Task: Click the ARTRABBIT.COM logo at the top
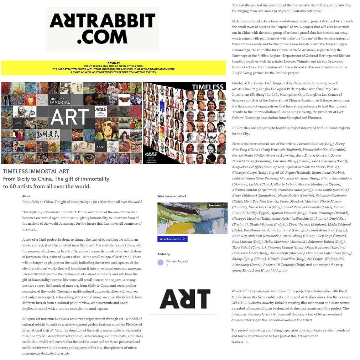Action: tap(102, 29)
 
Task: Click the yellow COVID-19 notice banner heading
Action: tap(113, 63)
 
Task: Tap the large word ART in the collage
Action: tap(70, 117)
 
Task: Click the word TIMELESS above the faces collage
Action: tap(208, 87)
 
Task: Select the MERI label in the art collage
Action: tap(19, 124)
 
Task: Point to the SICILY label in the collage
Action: tap(101, 147)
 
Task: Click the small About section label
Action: tap(26, 196)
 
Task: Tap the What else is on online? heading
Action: tap(172, 196)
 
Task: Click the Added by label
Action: tap(163, 254)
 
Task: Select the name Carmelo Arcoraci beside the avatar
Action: tap(177, 261)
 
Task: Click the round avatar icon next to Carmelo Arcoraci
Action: tap(160, 262)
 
